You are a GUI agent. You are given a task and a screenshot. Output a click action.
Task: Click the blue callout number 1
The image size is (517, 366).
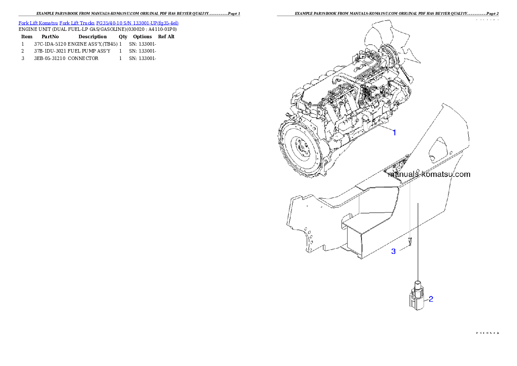click(394, 133)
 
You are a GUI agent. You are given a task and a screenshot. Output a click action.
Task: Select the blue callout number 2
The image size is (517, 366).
click(431, 299)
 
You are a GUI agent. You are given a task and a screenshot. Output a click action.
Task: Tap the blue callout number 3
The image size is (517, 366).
click(393, 251)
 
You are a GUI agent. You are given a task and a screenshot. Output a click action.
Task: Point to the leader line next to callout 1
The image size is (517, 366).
click(382, 129)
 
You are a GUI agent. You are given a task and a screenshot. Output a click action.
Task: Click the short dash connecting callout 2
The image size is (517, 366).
click(426, 299)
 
